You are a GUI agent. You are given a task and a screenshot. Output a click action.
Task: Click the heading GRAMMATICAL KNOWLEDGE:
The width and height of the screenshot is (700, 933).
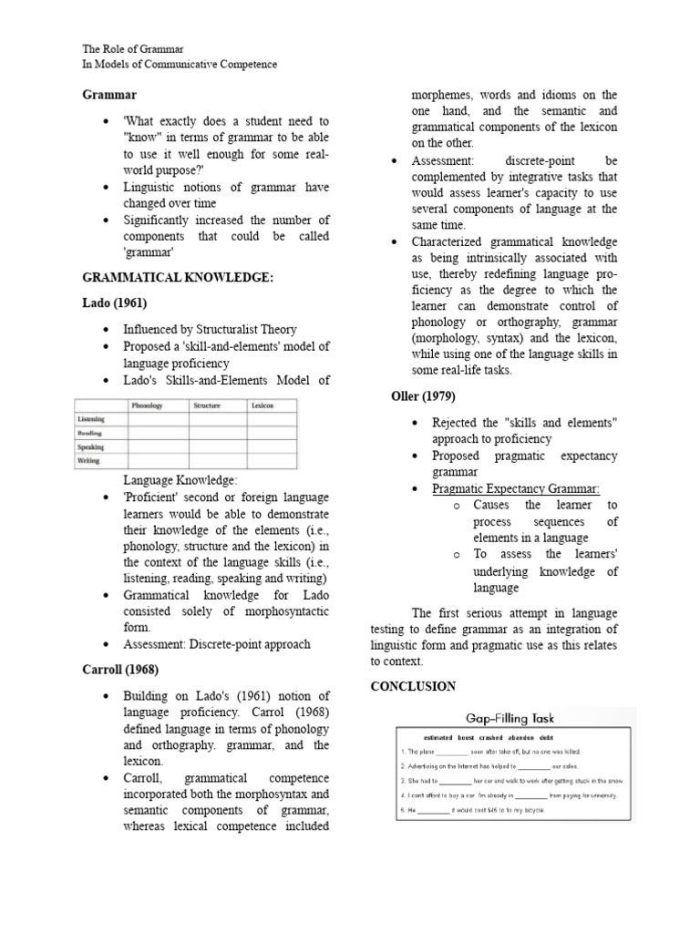click(x=178, y=277)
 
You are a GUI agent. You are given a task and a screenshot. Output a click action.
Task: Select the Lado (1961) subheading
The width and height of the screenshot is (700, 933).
click(x=114, y=302)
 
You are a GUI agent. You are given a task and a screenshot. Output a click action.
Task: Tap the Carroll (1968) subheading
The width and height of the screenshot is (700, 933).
click(x=120, y=669)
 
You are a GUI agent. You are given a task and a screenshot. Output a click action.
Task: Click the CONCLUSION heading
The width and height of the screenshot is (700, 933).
click(x=413, y=685)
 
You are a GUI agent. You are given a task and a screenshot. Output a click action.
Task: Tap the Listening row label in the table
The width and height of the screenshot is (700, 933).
click(x=91, y=418)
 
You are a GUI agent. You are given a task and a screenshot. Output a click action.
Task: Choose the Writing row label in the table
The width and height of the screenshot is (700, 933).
click(x=89, y=462)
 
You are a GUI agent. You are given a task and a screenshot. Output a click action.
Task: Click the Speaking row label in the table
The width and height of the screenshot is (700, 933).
click(x=90, y=447)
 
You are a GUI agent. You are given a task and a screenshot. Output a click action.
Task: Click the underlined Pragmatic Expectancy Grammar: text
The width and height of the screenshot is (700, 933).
click(x=516, y=489)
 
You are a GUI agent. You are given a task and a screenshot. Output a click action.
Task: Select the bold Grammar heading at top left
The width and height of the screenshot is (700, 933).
click(x=109, y=94)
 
